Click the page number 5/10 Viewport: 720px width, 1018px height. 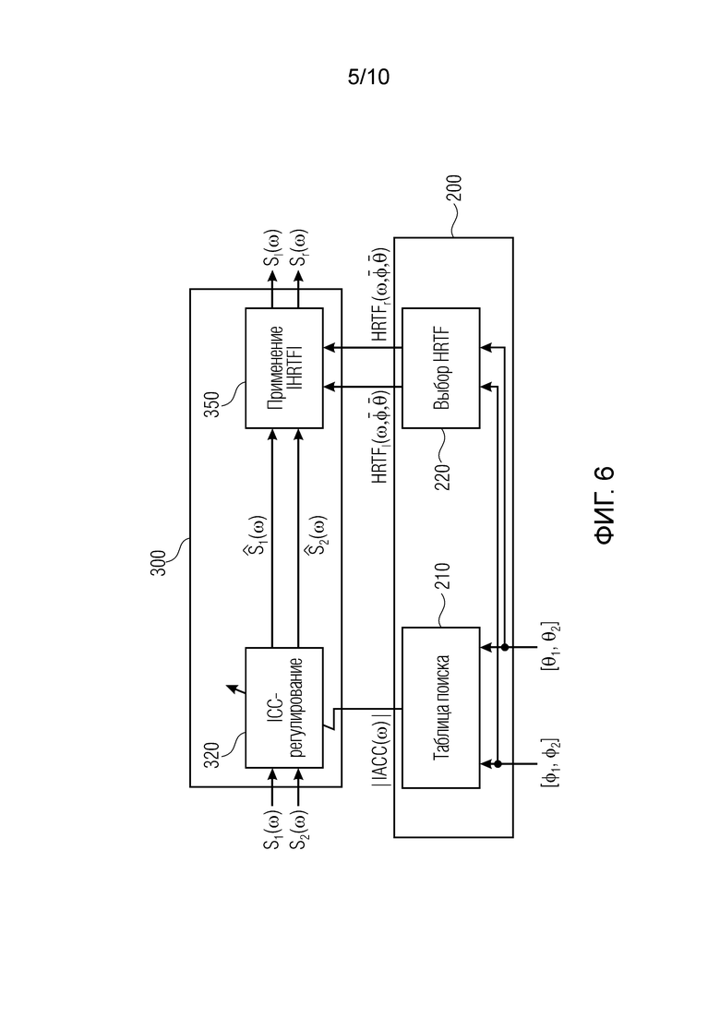click(369, 78)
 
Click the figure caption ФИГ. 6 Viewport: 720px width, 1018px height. click(605, 506)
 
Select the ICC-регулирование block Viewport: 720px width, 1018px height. click(284, 708)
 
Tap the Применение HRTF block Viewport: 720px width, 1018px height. click(284, 367)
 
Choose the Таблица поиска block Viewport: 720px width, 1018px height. click(441, 708)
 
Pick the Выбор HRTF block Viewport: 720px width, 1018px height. click(441, 367)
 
